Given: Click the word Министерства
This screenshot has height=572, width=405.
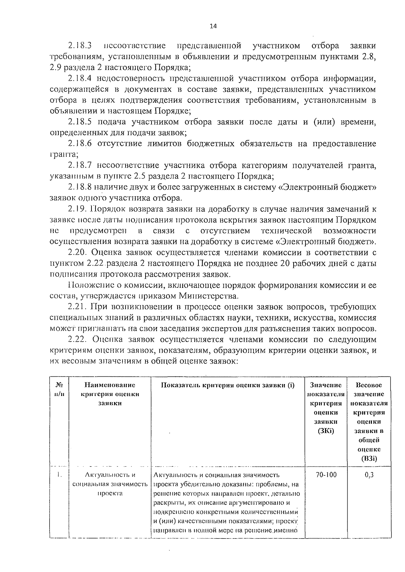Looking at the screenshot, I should coord(208,296).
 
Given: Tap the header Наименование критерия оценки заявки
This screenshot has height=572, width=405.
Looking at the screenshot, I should coord(110,394).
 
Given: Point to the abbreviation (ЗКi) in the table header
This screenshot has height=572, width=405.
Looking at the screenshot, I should coord(326,431).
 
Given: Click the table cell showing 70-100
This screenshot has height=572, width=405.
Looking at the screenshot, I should coord(326,475).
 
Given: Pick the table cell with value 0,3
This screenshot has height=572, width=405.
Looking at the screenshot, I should coord(369,475).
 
